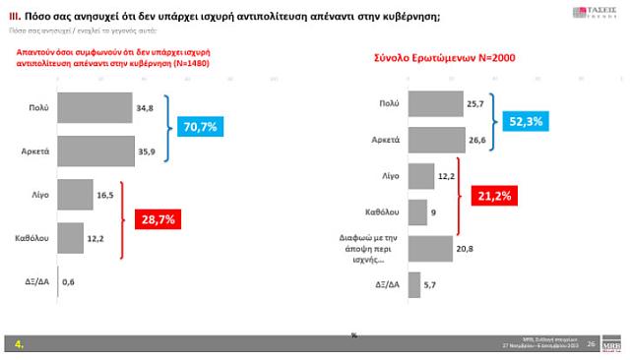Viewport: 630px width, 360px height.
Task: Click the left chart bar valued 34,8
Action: [x=95, y=108]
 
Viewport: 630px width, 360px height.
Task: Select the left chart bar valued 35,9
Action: [x=96, y=150]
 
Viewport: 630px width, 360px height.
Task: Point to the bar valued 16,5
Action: [x=76, y=195]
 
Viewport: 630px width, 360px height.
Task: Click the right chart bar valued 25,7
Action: [x=435, y=103]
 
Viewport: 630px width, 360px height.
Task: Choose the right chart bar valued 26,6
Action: [x=436, y=140]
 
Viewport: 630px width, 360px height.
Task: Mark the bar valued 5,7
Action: [x=413, y=284]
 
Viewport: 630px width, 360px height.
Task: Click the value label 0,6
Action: [x=69, y=283]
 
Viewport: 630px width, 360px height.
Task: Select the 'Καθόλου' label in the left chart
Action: [x=33, y=237]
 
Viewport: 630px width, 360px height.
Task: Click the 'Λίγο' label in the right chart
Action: [x=390, y=176]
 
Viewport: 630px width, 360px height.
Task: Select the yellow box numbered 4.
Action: [x=21, y=344]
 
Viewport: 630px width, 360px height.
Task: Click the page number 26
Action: [x=591, y=344]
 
